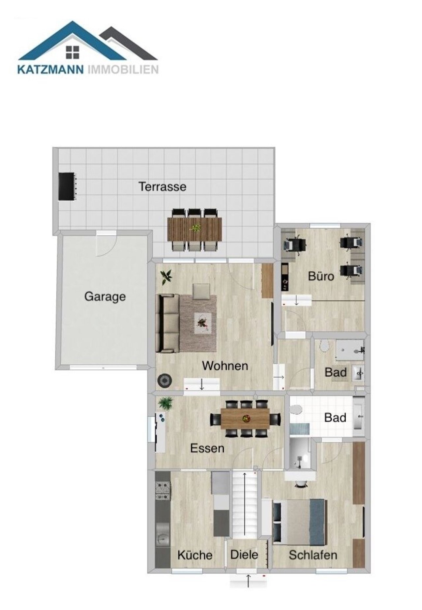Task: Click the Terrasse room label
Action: click(x=162, y=187)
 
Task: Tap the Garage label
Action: click(x=105, y=297)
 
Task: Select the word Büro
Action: click(x=321, y=276)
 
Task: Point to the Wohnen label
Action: click(x=225, y=366)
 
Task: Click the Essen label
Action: click(x=207, y=448)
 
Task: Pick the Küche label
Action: click(x=195, y=555)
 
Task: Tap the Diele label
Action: click(x=244, y=555)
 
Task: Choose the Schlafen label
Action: click(x=313, y=555)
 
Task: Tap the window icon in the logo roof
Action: click(x=73, y=52)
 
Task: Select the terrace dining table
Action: click(x=195, y=229)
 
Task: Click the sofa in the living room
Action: click(x=168, y=323)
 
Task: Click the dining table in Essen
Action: click(x=245, y=419)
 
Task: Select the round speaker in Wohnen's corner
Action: click(x=165, y=381)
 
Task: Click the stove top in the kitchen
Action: click(x=163, y=491)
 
